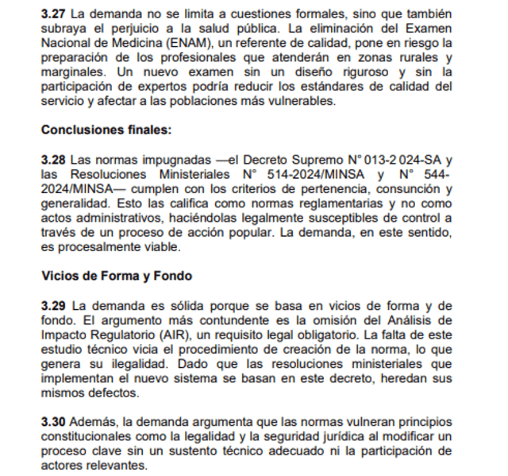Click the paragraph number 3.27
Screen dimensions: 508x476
tap(52, 14)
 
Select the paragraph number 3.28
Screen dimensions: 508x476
tap(52, 159)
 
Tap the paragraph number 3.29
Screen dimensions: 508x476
tap(52, 305)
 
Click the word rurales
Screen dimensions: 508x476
tap(412, 57)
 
